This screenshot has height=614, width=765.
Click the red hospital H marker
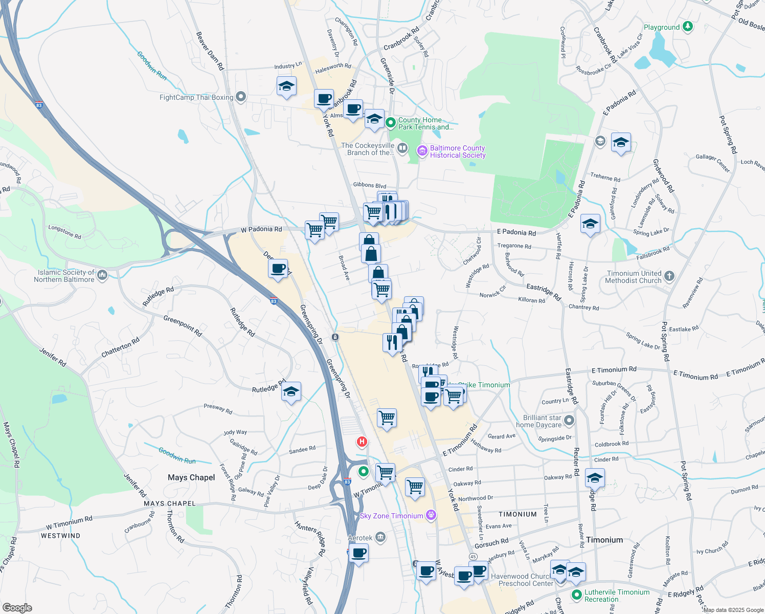click(362, 441)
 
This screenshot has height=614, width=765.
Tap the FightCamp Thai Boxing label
click(196, 97)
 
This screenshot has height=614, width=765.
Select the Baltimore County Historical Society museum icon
click(422, 150)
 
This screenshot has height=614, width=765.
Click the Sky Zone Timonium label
click(391, 516)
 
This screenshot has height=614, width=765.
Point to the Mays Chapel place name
click(191, 477)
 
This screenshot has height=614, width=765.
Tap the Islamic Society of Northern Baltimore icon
click(102, 275)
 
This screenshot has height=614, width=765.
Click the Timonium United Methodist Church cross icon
click(669, 276)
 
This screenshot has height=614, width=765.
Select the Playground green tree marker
click(688, 27)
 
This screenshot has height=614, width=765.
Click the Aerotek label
click(360, 538)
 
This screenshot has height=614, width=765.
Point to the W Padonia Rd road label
click(261, 229)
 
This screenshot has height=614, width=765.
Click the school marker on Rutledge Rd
click(291, 392)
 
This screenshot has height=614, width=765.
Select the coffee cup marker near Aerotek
click(359, 553)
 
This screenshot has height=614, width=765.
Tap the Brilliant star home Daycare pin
click(569, 421)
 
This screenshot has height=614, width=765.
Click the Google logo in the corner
click(17, 608)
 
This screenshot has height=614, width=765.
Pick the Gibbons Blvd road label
click(369, 185)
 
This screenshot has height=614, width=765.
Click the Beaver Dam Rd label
click(210, 51)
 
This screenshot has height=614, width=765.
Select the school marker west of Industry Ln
click(286, 86)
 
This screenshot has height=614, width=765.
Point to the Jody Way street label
click(235, 432)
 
